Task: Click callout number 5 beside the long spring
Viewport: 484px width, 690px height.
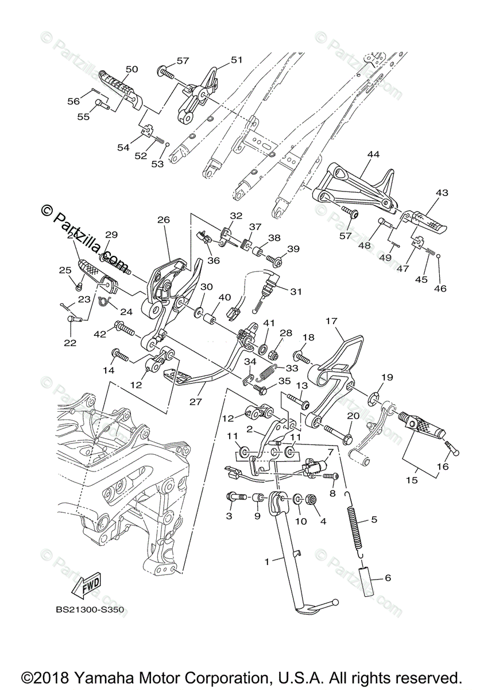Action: [374, 519]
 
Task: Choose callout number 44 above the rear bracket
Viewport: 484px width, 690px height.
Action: [374, 155]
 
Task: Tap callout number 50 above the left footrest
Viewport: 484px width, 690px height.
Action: [131, 69]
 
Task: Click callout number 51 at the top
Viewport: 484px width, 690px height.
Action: [237, 60]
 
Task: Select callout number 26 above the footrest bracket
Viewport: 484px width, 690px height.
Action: [164, 220]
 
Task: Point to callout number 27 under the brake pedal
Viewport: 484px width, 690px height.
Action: [195, 402]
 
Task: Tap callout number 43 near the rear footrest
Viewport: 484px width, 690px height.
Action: [443, 193]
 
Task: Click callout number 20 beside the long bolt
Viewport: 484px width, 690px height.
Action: [353, 415]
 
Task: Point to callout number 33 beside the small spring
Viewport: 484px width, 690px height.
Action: [292, 368]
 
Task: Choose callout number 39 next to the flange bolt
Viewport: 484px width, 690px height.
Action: [293, 248]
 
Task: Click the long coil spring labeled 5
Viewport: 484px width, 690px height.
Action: [356, 523]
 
